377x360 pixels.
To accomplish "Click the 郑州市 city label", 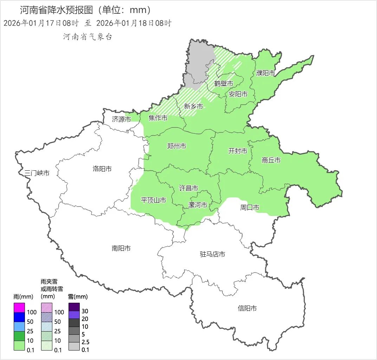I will tap(177, 146).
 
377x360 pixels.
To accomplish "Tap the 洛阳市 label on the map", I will tap(102, 169).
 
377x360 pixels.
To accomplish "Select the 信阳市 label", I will tap(247, 308).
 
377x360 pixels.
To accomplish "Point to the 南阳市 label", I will tap(121, 248).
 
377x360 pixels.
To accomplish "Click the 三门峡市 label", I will tap(37, 173).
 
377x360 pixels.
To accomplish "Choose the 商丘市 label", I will tap(271, 160).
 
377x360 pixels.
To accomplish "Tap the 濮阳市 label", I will tap(266, 73).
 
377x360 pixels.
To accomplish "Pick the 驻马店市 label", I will tap(213, 254).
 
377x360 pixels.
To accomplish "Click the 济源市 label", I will tap(122, 119).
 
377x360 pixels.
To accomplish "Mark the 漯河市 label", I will tap(198, 205).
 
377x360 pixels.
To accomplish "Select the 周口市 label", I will tap(250, 208).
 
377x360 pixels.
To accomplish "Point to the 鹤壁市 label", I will tap(224, 84).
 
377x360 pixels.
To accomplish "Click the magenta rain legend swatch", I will tap(19, 308).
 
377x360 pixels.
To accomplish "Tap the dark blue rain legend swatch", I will tap(19, 317).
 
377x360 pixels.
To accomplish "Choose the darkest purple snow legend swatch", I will tap(74, 307).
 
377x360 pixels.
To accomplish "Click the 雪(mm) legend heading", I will tap(78, 296).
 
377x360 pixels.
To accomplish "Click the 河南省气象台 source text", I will tap(87, 37).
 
